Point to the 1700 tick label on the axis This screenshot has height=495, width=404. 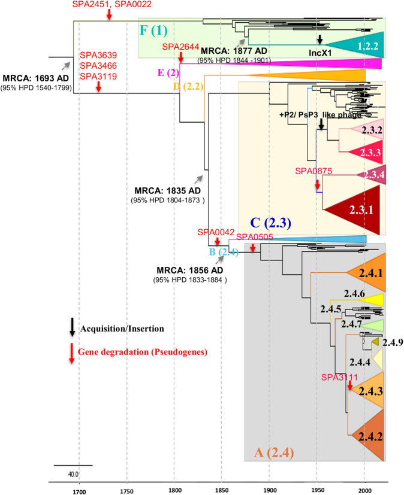coord(79,489)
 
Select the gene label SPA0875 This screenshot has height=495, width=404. coord(314,171)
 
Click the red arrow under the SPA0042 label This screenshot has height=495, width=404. coord(217,241)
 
